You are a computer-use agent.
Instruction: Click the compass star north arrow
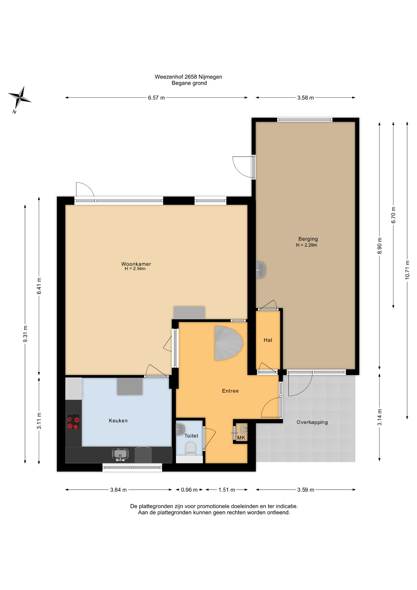[x=19, y=98]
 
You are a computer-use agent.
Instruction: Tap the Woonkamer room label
[x=136, y=264]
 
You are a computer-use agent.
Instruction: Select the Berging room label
[x=308, y=239]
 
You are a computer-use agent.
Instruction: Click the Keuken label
[x=118, y=421]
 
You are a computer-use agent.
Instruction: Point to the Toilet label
[x=191, y=436]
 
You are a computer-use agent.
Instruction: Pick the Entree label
[x=230, y=391]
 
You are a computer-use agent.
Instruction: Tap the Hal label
[x=268, y=340]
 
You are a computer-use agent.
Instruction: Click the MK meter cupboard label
[x=241, y=438]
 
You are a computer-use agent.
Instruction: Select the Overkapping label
[x=312, y=422]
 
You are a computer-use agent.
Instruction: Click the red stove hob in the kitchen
[x=73, y=422]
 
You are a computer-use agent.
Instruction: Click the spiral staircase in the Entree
[x=228, y=343]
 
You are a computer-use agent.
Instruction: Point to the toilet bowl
[x=191, y=448]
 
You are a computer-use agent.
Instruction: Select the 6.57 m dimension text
[x=156, y=98]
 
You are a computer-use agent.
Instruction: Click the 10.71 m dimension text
[x=407, y=270]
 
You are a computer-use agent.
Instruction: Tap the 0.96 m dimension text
[x=189, y=490]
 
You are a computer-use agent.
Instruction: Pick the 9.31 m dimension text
[x=25, y=334]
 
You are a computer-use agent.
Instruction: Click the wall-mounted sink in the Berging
[x=261, y=270]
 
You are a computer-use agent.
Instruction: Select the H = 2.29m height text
[x=306, y=245]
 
